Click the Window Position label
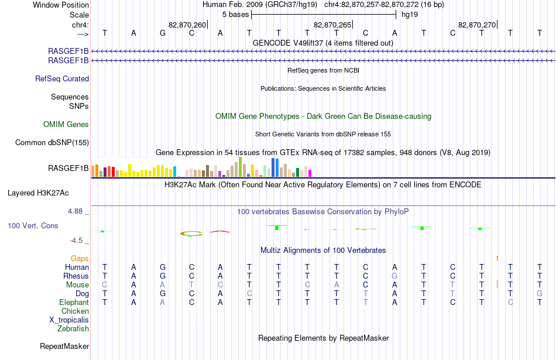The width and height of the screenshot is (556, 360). tap(61, 5)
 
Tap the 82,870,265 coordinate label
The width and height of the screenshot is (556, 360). tap(332, 25)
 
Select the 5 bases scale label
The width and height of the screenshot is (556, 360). tap(235, 15)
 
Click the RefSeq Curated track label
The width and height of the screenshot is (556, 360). tap(62, 79)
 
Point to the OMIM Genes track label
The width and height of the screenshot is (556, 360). tap(66, 125)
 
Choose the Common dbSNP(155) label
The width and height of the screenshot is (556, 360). tap(52, 143)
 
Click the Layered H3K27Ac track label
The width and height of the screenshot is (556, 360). tap(38, 193)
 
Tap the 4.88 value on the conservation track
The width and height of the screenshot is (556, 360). tap(75, 211)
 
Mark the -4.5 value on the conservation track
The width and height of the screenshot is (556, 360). tap(76, 241)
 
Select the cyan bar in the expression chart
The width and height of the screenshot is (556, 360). tap(174, 172)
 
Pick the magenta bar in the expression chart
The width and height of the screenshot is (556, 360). tap(310, 173)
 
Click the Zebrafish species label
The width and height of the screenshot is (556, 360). tap(73, 329)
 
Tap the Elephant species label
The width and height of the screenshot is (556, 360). tap(74, 303)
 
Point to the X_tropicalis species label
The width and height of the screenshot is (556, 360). tap(69, 320)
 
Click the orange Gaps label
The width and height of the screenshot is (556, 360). tap(80, 259)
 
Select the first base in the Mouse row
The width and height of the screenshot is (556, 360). tap(104, 285)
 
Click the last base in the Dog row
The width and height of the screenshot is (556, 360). tap(540, 294)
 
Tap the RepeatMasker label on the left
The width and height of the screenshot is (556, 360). tap(64, 346)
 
